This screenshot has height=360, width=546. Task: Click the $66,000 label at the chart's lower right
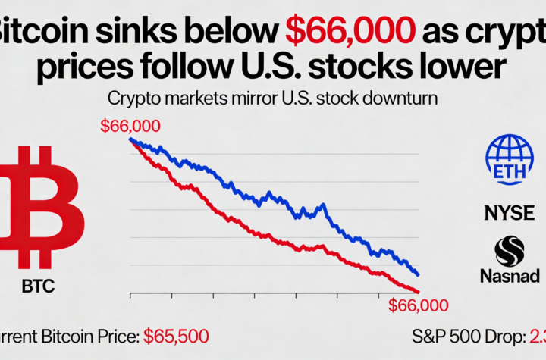coord(418,305)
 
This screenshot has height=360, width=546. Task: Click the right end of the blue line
coord(419,274)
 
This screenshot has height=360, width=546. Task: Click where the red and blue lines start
coord(130,139)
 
